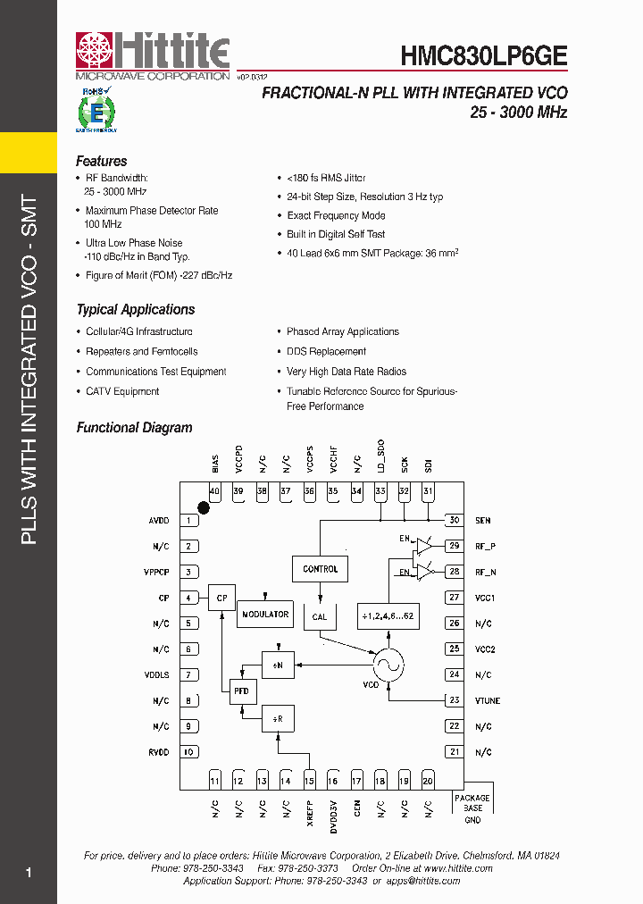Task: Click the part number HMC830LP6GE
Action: (483, 54)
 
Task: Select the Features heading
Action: (101, 162)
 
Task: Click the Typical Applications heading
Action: (135, 310)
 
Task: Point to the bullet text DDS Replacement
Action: (326, 352)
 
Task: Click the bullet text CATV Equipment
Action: (122, 391)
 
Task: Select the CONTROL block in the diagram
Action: (320, 569)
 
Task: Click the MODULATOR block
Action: (265, 615)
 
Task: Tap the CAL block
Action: (320, 616)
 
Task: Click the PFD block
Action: (241, 691)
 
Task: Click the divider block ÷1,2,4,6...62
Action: (388, 616)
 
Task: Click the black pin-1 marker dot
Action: (204, 508)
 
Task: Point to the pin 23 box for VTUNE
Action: (455, 700)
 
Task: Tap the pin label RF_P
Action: (485, 546)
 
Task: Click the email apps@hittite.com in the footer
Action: (425, 881)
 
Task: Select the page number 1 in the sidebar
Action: (29, 873)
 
